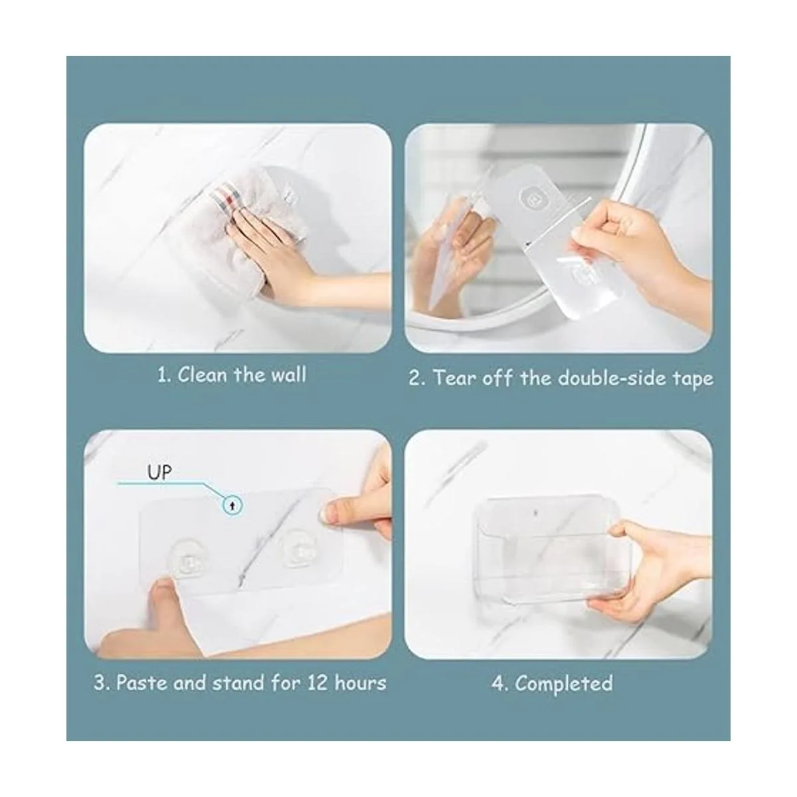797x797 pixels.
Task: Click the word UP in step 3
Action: click(x=159, y=472)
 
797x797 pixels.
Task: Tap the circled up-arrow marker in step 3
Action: click(x=233, y=505)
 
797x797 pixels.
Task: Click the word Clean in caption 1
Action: click(x=203, y=375)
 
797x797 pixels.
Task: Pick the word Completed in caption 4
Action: click(x=564, y=683)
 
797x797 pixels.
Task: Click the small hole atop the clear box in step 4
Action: click(x=536, y=513)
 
